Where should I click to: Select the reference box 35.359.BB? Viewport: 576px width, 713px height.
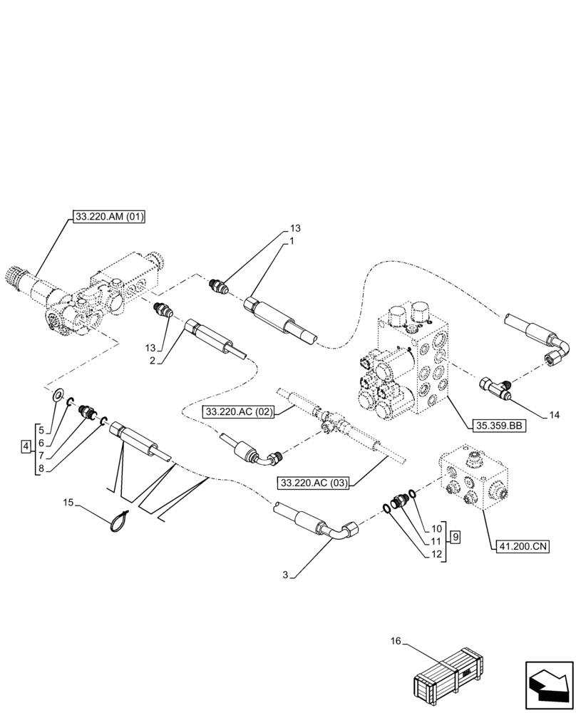click(x=498, y=426)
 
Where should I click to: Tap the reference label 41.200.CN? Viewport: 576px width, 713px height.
click(x=520, y=547)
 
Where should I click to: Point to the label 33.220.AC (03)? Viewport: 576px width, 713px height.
click(x=314, y=483)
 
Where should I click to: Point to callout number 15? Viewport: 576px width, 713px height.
click(x=68, y=504)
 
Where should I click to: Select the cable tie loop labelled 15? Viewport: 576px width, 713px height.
click(x=120, y=522)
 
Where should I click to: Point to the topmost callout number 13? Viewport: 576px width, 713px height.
click(x=295, y=228)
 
